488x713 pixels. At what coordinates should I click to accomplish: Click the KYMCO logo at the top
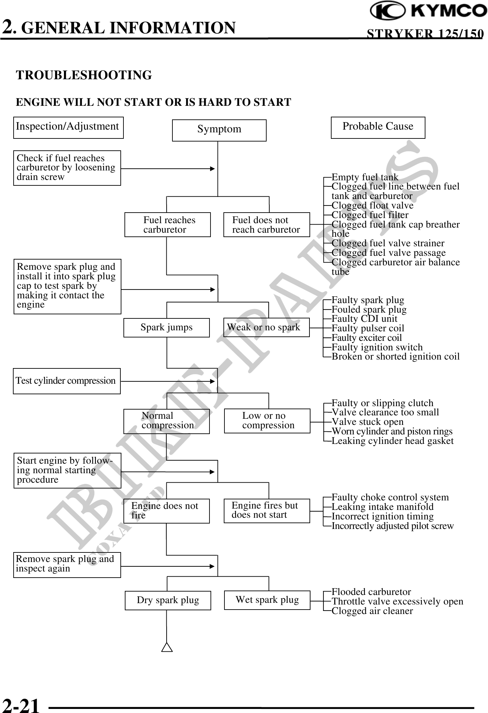coord(428,11)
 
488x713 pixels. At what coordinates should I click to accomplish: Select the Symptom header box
coord(219,130)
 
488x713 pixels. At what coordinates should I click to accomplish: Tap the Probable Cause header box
coord(378,127)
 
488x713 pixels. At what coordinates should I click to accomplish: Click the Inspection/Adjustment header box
coord(68,127)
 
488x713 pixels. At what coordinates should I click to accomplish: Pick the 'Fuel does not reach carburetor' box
coord(267,225)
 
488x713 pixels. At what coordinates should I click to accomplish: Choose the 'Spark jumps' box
coord(166,328)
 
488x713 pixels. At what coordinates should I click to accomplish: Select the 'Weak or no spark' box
coord(266,327)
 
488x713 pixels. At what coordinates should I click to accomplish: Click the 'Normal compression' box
coord(166,421)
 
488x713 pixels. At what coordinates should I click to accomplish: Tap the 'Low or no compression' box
coord(267,421)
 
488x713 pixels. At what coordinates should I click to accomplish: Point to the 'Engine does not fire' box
coord(166,511)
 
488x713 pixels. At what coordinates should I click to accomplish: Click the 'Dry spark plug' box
coord(168,600)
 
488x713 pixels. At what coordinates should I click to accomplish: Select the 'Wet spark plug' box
coord(267,600)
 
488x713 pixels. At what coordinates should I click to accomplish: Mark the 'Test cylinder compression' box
coord(67,381)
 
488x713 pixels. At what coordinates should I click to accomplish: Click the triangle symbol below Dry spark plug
coord(167,647)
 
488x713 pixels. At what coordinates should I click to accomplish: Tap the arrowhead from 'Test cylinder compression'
coord(213,382)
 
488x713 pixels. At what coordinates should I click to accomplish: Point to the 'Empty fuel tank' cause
coord(365,177)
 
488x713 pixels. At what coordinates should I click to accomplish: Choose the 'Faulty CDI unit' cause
coord(364,319)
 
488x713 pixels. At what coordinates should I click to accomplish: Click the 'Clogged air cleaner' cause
coord(372,611)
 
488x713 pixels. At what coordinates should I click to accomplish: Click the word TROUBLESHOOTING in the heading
coord(84,75)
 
